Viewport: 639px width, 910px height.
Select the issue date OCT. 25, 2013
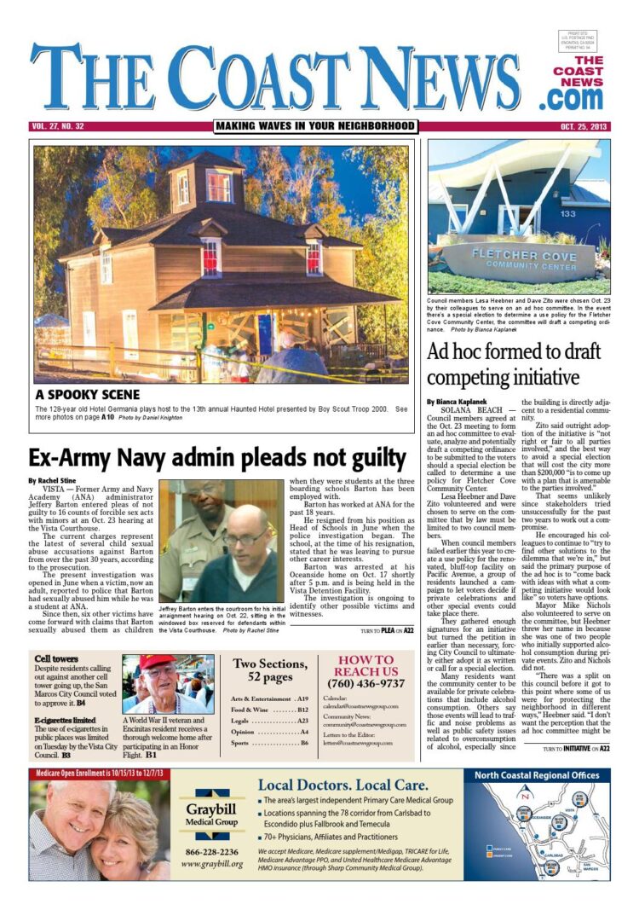584,126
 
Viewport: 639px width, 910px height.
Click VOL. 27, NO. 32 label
63,126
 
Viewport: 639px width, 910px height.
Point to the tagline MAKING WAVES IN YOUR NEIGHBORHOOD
315,126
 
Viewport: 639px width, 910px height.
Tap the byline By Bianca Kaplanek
458,400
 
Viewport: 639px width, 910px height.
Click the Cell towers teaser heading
53,659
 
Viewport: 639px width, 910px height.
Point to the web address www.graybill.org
212,864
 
